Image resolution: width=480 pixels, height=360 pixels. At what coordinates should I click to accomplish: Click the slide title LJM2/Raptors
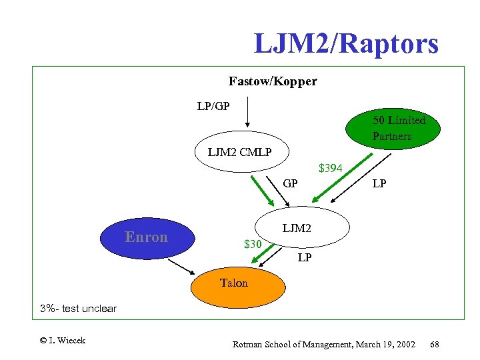(346, 44)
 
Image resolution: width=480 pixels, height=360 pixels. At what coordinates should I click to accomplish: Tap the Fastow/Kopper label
(272, 81)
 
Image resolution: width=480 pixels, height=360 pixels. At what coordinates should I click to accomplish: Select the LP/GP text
(213, 106)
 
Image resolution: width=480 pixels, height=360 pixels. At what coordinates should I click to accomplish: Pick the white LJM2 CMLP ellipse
(239, 152)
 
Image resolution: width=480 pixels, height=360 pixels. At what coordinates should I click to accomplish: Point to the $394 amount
(331, 168)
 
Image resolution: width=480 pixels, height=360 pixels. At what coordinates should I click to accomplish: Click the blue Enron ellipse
(147, 237)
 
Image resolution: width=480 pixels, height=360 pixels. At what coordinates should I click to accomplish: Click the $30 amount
(252, 244)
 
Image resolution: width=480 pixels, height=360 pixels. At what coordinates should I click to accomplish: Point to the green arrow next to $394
(339, 178)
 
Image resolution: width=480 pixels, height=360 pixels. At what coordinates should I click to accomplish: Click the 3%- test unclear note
(78, 309)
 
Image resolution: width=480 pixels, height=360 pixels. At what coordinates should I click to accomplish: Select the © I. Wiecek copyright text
(63, 341)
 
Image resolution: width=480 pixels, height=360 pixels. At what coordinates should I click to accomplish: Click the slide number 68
(435, 344)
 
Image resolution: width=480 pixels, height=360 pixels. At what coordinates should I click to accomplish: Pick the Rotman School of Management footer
(323, 344)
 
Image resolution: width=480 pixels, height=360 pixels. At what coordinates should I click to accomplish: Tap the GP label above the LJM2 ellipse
(290, 183)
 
